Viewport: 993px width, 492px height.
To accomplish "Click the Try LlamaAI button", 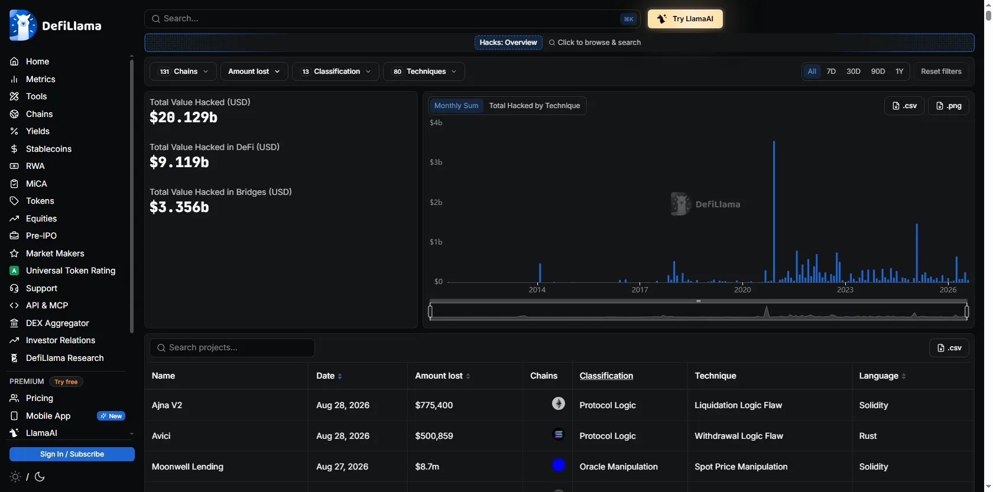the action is tap(685, 18).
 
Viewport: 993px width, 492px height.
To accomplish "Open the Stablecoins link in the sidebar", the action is tap(48, 149).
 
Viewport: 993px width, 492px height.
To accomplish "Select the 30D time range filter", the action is tap(853, 71).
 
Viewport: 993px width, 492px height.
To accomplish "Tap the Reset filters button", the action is tap(941, 71).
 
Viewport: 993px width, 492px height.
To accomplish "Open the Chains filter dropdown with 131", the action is tap(183, 71).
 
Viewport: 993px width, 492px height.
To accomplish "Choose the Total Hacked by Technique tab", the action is tap(534, 105).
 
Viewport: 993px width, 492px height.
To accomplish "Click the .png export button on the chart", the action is tap(949, 105).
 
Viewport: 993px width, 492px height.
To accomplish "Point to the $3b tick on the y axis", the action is tap(436, 162).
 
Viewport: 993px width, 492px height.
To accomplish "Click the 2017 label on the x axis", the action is tap(640, 289).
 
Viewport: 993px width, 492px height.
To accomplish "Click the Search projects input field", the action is tap(232, 348).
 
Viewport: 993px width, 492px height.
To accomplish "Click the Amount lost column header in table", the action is tap(439, 376).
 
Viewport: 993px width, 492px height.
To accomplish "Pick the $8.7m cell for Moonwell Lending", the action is tap(427, 467).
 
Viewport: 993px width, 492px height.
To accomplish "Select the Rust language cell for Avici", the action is tap(868, 436).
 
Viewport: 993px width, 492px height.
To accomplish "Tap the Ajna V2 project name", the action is tap(167, 405).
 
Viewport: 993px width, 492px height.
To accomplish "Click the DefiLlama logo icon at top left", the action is tap(22, 25).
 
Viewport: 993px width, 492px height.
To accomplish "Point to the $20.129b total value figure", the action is tap(183, 117).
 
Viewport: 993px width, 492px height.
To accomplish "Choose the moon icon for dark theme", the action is tap(40, 477).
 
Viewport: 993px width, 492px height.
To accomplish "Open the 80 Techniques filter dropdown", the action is tap(424, 71).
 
